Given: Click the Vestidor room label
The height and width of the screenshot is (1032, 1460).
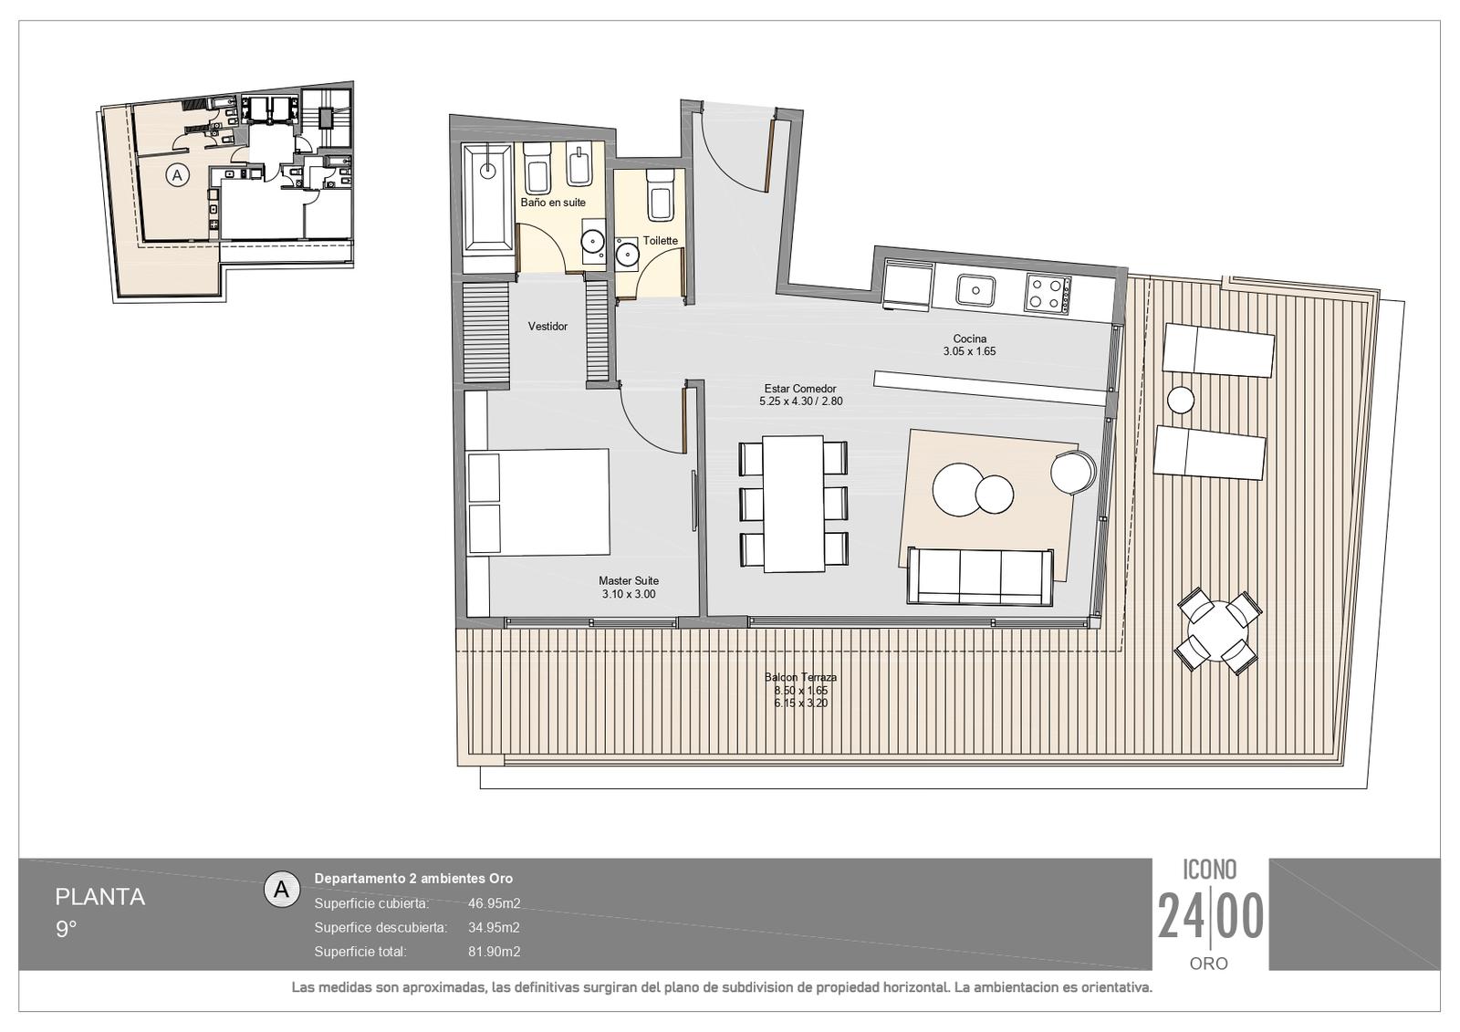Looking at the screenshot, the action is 547,327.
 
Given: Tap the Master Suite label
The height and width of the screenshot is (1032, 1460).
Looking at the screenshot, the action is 629,581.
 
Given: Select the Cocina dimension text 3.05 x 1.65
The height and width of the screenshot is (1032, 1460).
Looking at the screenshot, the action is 969,351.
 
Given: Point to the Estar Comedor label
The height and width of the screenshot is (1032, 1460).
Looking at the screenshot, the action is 800,390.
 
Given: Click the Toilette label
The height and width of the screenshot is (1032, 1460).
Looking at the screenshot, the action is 661,241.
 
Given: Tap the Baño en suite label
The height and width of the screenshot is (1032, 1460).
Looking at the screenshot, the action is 553,203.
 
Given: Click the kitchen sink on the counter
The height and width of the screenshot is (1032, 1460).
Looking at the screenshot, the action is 975,290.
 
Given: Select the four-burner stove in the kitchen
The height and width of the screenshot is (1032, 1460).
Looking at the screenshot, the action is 1048,293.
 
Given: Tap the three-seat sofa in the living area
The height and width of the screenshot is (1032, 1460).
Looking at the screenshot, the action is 980,576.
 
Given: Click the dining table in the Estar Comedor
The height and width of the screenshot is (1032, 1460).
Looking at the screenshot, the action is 793,504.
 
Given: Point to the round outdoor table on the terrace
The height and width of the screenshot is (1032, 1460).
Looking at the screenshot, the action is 1217,631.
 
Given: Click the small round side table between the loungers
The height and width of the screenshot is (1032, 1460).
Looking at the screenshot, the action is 1181,400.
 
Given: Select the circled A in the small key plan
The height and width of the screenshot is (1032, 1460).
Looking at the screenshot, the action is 177,175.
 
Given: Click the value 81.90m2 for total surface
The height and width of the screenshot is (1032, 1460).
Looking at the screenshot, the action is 494,952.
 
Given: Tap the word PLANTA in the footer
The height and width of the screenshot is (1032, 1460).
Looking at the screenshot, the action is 99,897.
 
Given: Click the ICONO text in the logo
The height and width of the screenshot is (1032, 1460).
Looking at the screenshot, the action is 1210,869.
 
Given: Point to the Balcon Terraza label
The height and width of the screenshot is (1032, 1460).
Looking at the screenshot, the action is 800,677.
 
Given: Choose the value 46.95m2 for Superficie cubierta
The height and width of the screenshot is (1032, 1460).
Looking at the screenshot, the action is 494,903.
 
